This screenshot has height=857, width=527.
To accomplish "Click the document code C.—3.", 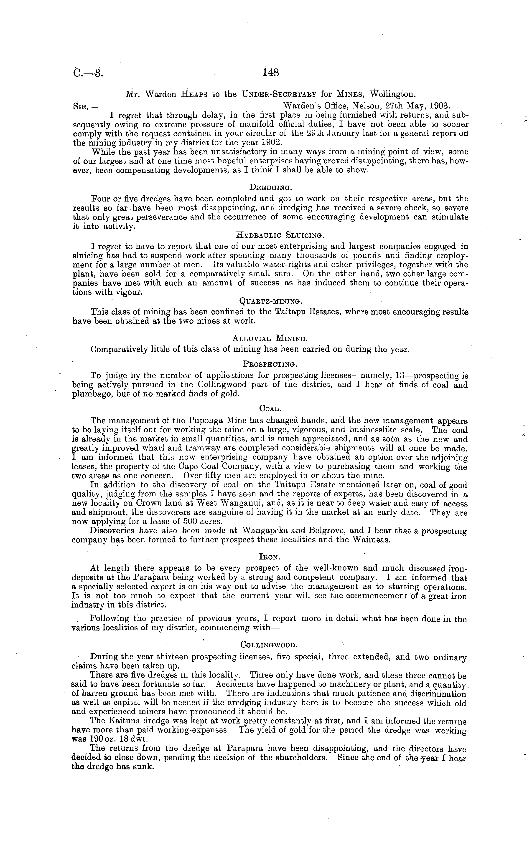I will pyautogui.click(x=89, y=73).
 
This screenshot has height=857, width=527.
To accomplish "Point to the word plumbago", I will pyautogui.click(x=90, y=394).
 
